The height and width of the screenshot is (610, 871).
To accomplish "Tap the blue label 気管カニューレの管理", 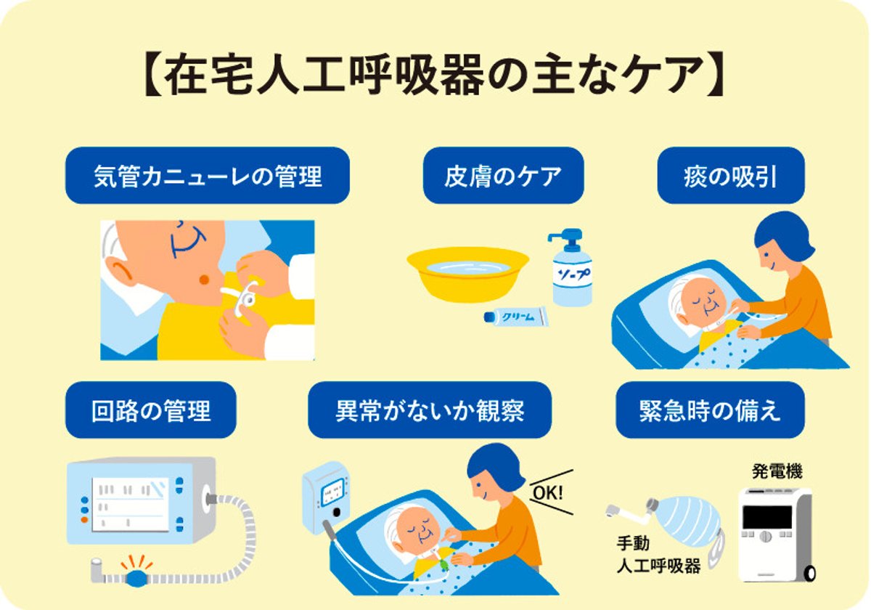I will (208, 176).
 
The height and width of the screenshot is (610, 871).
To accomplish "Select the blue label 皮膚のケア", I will (503, 176).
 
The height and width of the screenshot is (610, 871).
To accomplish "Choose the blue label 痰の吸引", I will (730, 176).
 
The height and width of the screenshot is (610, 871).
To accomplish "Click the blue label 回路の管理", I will (151, 410).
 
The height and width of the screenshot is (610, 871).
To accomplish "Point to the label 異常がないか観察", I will (430, 410).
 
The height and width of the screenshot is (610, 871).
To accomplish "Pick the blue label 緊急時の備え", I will (710, 410).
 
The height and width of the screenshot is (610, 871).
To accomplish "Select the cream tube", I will (516, 317).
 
